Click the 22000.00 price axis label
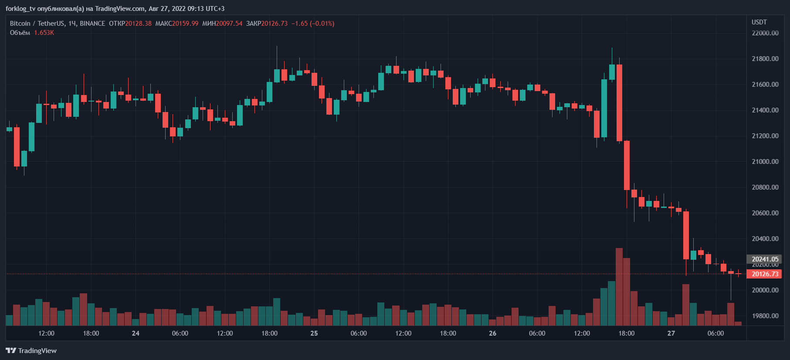tap(765, 33)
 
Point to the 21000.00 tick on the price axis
tap(765, 162)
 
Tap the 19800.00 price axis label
tap(765, 316)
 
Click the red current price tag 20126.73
tap(764, 274)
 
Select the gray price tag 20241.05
tap(764, 259)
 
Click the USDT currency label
tap(759, 22)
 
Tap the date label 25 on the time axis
tap(314, 333)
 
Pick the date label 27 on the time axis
tap(671, 333)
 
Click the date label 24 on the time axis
tap(136, 333)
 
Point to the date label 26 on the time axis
tap(492, 333)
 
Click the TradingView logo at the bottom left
tap(31, 351)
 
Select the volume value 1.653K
tap(44, 33)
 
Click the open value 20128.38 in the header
tap(139, 24)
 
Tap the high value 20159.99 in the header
tap(185, 24)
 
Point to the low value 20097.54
tap(229, 24)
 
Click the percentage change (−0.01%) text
tap(322, 24)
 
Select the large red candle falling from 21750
tap(619, 102)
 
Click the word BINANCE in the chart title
tap(92, 24)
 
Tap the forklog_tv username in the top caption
tap(20, 9)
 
